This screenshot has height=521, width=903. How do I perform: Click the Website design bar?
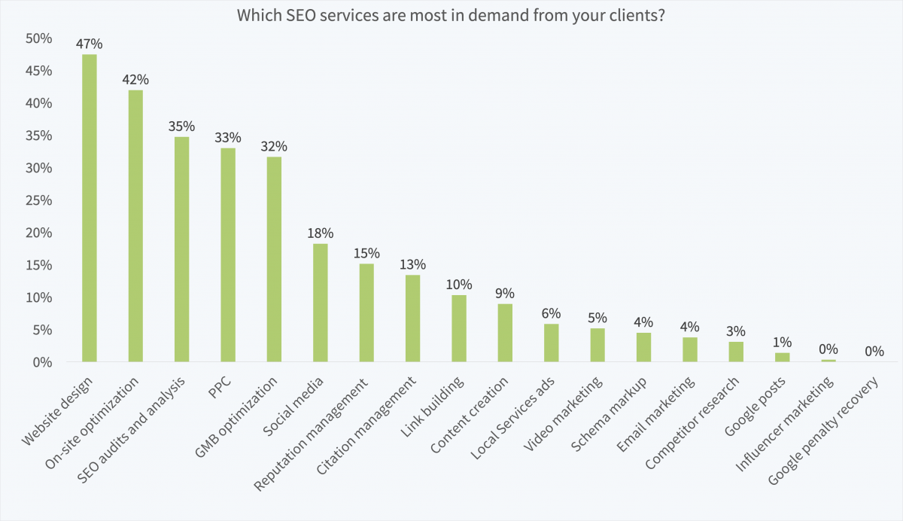90,208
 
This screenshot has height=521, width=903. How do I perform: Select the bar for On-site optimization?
135,226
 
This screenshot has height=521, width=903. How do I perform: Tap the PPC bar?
228,254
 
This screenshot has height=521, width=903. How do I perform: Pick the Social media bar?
320,303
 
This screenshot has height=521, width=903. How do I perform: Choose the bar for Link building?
459,328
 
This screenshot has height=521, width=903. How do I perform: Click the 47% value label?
90,44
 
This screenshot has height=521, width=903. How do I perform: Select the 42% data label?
136,79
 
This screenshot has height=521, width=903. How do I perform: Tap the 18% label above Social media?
320,233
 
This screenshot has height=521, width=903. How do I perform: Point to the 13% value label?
412,264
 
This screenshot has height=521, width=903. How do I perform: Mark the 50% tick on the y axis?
38,38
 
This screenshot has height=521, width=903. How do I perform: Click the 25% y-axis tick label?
38,200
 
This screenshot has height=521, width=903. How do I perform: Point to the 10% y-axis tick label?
38,297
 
